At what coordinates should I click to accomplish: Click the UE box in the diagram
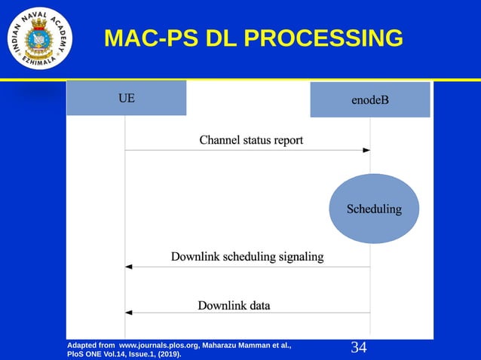pos(126,98)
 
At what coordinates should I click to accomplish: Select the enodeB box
pos(369,100)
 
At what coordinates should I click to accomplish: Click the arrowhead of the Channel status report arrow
pos(366,151)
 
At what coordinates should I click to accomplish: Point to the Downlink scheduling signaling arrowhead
pos(129,267)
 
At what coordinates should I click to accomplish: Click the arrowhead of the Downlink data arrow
pos(129,313)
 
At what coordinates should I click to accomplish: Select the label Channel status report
pos(251,140)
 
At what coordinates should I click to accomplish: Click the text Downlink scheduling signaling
pos(247,257)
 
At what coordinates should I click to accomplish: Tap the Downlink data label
pos(234,306)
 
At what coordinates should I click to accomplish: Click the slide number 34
pos(359,347)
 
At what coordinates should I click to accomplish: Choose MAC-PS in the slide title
pos(150,38)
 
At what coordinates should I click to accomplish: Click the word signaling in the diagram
pos(298,257)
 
